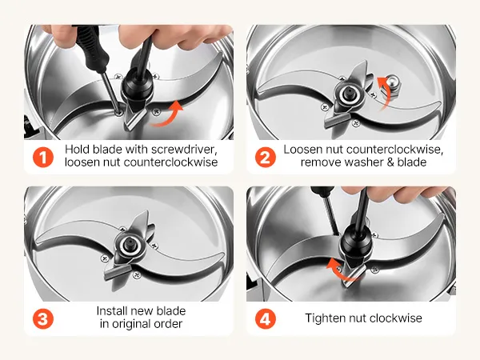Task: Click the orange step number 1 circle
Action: (43, 158)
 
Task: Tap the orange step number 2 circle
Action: (265, 158)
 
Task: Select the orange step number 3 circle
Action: (43, 318)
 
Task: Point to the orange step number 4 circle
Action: (265, 318)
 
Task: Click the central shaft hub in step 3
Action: (129, 245)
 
